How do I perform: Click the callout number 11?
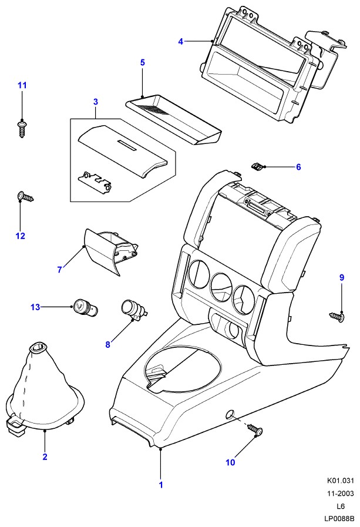click(22, 86)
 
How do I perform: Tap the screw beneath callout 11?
click(22, 127)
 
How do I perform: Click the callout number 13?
click(36, 306)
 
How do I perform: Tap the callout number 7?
click(59, 270)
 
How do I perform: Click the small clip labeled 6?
click(256, 166)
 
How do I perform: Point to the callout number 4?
click(181, 41)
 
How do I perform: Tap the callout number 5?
click(142, 62)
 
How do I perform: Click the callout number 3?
click(96, 102)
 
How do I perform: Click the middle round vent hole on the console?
click(221, 286)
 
